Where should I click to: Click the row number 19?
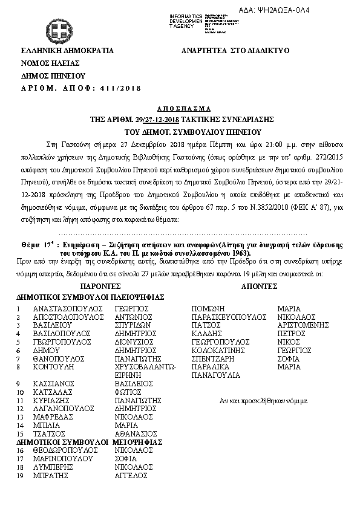(x=21, y=476)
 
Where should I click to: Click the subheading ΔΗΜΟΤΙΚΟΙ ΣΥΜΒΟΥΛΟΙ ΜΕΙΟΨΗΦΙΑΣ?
(x=90, y=442)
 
